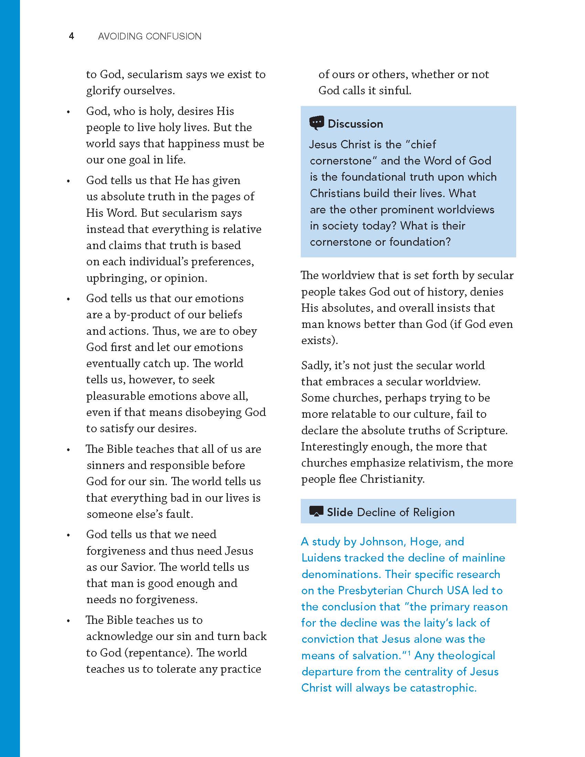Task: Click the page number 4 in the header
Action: [x=71, y=36]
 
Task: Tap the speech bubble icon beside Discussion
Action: [x=316, y=123]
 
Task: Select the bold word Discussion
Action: [x=355, y=124]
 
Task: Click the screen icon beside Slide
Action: [x=316, y=512]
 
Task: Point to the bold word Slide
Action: [x=340, y=512]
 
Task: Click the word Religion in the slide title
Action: [x=434, y=512]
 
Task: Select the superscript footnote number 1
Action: [x=409, y=653]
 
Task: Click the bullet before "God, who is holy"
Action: [x=68, y=112]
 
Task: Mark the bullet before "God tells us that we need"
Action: [x=68, y=535]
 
